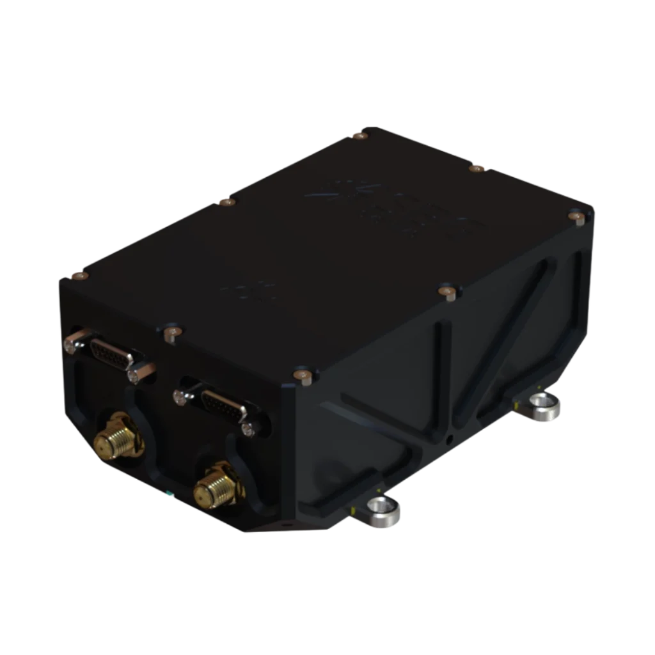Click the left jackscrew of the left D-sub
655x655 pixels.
coord(71,345)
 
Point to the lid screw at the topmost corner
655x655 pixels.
coord(363,134)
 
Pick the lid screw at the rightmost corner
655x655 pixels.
coord(576,219)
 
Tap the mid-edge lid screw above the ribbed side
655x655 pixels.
coord(448,291)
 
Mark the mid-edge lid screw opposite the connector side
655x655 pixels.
coord(476,168)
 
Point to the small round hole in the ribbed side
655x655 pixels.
coord(450,438)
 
